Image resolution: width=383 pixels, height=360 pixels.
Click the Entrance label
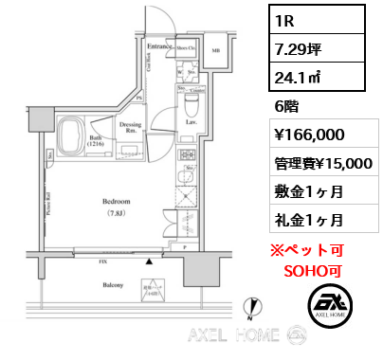(157, 45)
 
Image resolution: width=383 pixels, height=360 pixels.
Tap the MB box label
(215, 50)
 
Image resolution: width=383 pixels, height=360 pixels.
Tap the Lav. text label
(191, 120)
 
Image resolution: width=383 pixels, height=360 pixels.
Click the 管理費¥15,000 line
(320, 163)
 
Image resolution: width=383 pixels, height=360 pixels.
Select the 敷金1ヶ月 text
(302, 191)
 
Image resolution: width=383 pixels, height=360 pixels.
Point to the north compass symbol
(251, 306)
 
